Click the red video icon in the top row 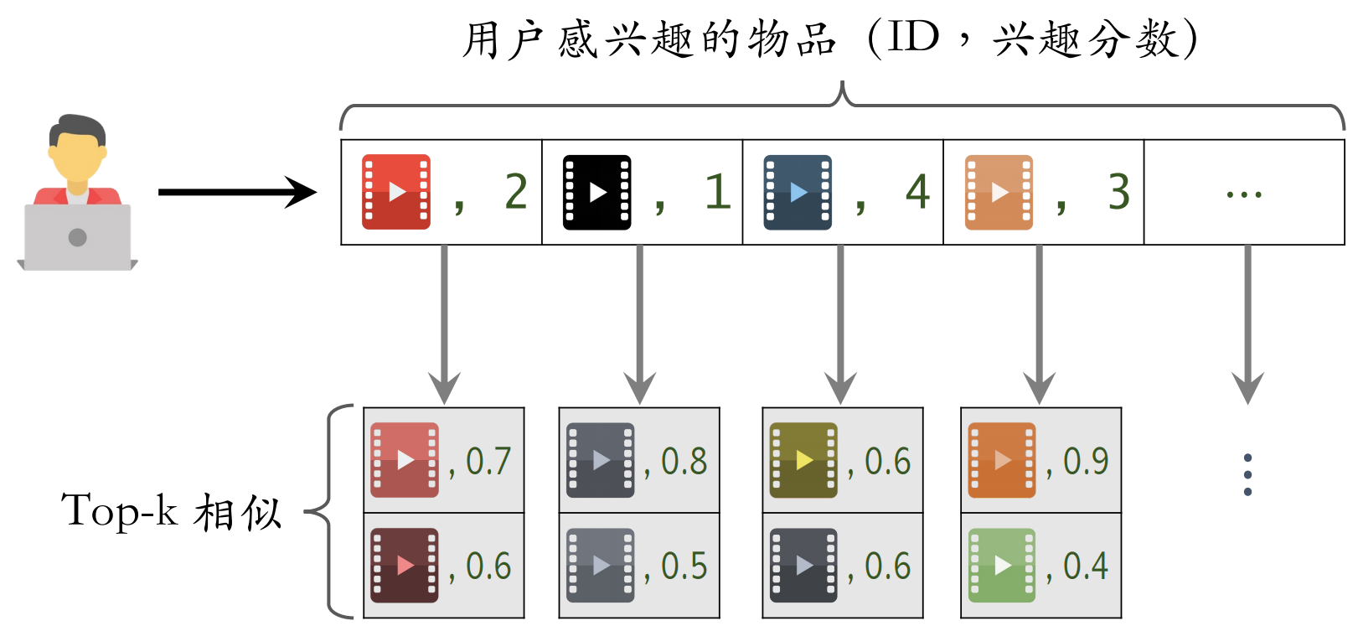395,192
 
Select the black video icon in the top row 596,192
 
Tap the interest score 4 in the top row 917,192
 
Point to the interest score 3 1118,192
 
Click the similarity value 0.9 1086,461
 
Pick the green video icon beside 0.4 1001,566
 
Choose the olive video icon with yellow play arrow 803,460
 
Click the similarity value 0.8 684,461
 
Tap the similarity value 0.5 684,566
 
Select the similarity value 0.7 488,461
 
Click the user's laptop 78,238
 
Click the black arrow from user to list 237,192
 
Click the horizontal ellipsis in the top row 1243,194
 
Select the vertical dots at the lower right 1247,474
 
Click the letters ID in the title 914,38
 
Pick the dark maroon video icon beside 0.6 405,566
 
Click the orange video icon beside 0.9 1001,460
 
